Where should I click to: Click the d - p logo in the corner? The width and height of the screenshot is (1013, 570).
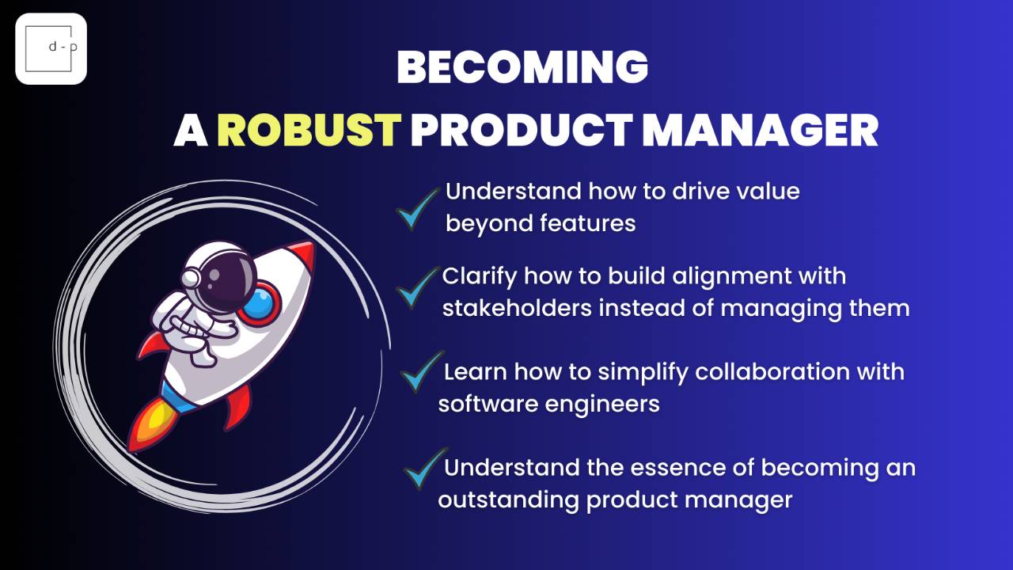(51, 49)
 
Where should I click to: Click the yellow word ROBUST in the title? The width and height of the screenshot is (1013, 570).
(309, 131)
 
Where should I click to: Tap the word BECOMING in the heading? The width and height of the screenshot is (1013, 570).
(522, 67)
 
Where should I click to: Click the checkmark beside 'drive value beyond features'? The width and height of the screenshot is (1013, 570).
(417, 209)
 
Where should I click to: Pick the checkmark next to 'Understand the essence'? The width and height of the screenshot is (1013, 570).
(424, 469)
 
